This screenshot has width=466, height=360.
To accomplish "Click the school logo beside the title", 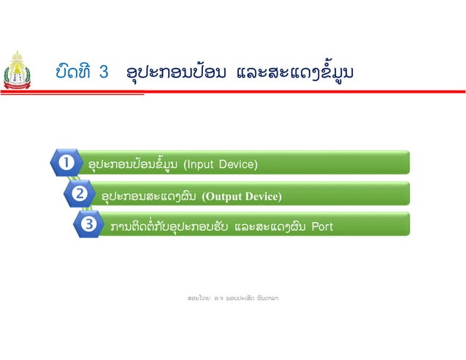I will tap(16, 70).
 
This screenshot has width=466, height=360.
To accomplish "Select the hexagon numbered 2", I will tap(78, 194).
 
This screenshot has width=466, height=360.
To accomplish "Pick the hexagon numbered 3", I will tap(89, 225).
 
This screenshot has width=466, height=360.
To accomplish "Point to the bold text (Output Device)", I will tap(241, 196).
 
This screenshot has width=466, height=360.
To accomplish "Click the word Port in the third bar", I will tap(322, 226).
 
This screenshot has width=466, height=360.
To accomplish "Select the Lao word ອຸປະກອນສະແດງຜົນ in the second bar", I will tap(150, 196).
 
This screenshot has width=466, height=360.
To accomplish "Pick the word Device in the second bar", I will tap(260, 196).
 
